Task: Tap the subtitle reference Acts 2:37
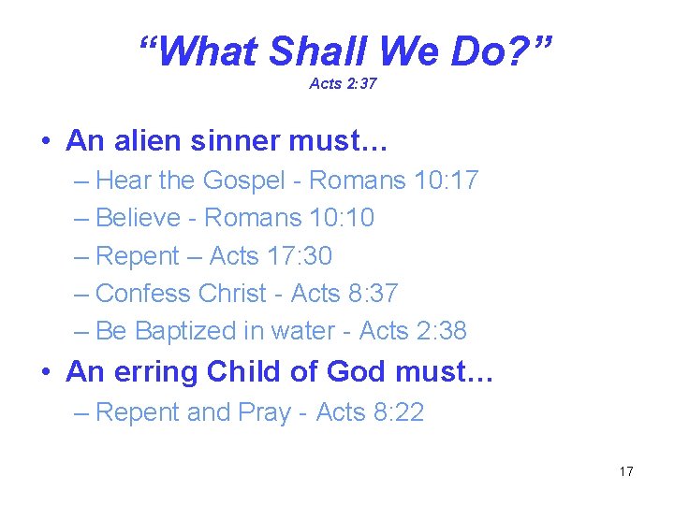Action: pos(343,84)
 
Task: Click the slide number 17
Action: pos(626,471)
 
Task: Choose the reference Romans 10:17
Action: pos(393,180)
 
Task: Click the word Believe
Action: pos(138,218)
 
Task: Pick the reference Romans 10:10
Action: pos(289,218)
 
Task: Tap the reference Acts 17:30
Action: pos(271,255)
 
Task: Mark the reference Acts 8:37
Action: pos(344,293)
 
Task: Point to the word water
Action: pos(301,331)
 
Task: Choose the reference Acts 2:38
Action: pos(413,331)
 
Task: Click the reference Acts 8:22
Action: pos(370,412)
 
